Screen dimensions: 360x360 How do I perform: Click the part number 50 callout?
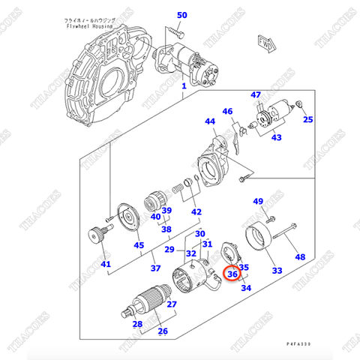click(182, 15)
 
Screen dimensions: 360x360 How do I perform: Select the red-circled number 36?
click(232, 274)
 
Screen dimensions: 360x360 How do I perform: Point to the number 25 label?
click(308, 119)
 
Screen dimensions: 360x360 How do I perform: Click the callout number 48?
click(300, 257)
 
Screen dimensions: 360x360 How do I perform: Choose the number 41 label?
click(106, 264)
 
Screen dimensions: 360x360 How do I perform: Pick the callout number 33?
click(277, 271)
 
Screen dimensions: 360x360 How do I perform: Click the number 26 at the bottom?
click(163, 331)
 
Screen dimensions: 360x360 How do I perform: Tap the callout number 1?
click(183, 87)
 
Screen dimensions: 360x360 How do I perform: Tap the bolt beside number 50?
click(175, 33)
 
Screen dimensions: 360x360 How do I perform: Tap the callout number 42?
click(197, 212)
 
